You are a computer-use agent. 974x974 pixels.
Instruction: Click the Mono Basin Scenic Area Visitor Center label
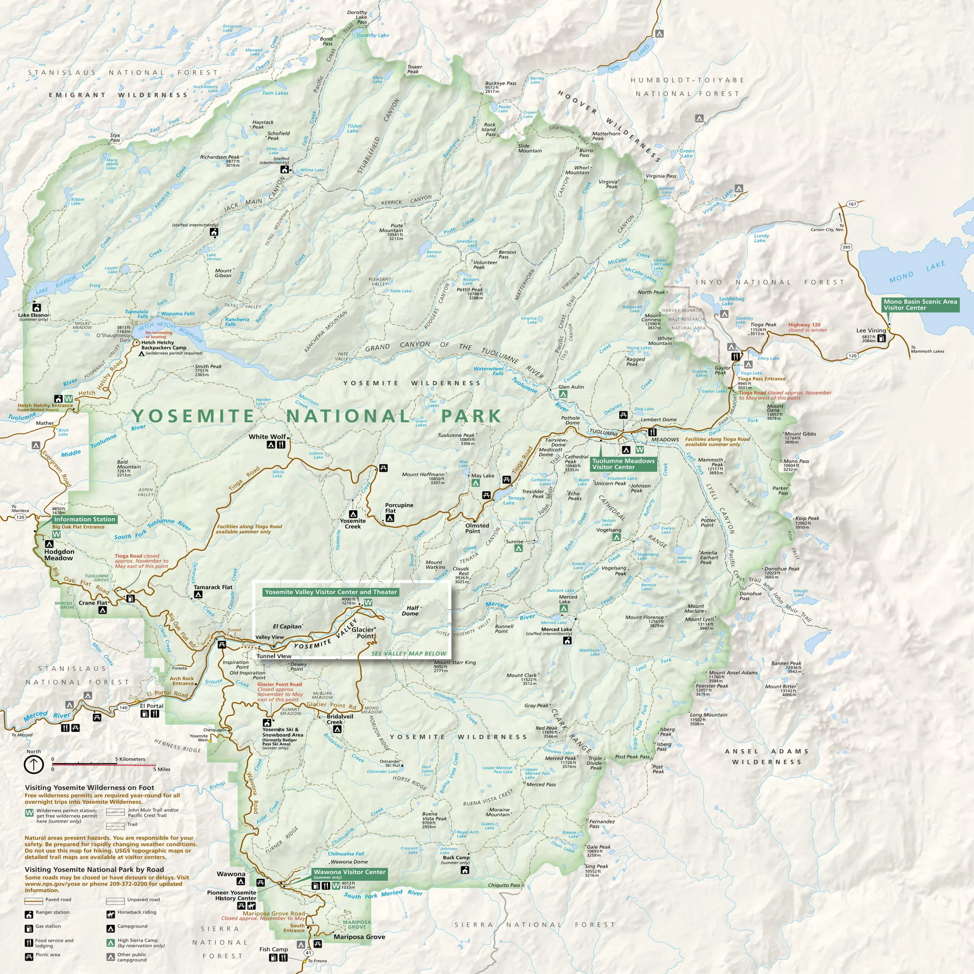920,304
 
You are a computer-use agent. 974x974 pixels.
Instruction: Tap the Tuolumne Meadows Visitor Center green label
623,464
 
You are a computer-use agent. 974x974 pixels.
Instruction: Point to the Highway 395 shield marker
846,247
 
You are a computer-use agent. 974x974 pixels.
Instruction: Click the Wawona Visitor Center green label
350,872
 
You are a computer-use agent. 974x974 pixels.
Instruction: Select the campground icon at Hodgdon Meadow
49,544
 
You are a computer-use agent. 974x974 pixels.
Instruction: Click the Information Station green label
84,519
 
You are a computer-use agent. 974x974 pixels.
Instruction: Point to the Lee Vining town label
871,331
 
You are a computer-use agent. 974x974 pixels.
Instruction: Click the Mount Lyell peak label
699,619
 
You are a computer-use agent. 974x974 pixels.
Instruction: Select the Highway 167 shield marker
852,204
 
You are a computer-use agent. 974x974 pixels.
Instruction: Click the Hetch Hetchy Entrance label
45,405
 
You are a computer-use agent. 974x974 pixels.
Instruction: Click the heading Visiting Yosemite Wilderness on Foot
89,788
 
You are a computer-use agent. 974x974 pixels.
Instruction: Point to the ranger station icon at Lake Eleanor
36,307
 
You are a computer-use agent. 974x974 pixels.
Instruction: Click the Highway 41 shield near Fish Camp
309,952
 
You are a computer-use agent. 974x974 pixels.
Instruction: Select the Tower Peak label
414,69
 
